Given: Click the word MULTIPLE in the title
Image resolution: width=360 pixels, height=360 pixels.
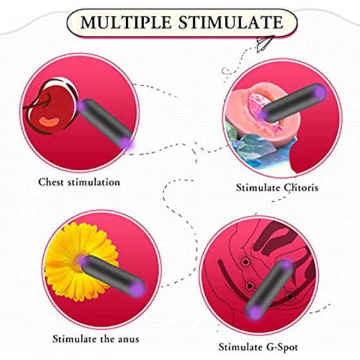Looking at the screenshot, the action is pos(126,22).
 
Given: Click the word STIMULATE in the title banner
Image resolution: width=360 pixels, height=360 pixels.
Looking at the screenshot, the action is pos(231,22).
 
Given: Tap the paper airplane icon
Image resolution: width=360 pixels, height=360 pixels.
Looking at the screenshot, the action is pos(265,43).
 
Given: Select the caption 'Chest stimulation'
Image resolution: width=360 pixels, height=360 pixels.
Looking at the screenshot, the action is pos(79,183).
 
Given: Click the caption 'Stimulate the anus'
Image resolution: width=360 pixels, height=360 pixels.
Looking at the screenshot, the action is pos(96,339).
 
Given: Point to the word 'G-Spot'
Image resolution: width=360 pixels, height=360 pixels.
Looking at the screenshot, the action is pos(282,346).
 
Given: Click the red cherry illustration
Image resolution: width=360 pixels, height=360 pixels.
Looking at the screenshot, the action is pos(51,107).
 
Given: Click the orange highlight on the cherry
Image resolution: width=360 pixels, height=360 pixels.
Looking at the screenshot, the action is pos(50,122).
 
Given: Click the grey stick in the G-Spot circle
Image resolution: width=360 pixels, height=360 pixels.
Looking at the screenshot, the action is pos(269,290).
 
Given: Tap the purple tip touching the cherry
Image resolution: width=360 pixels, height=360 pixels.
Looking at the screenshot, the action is pos(81,106).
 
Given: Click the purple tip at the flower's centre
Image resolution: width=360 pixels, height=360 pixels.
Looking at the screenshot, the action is pos(83,260).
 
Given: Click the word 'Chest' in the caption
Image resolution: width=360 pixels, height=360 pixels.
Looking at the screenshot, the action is pos(51,183).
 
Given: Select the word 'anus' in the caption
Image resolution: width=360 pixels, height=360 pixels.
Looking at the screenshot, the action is pos(129,339).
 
